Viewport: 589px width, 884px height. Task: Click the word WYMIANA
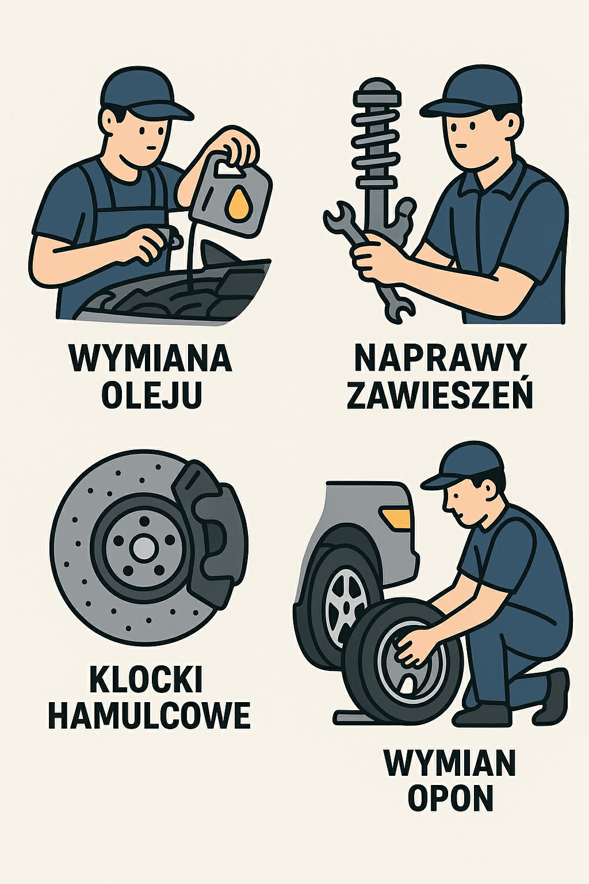tap(150, 358)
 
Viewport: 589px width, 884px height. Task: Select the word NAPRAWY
tap(439, 358)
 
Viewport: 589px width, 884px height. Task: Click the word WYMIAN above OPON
tap(450, 763)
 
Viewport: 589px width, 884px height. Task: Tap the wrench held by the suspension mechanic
tap(368, 253)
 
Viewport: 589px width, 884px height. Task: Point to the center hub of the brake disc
tap(142, 547)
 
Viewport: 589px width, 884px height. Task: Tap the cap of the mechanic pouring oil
tap(144, 92)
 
